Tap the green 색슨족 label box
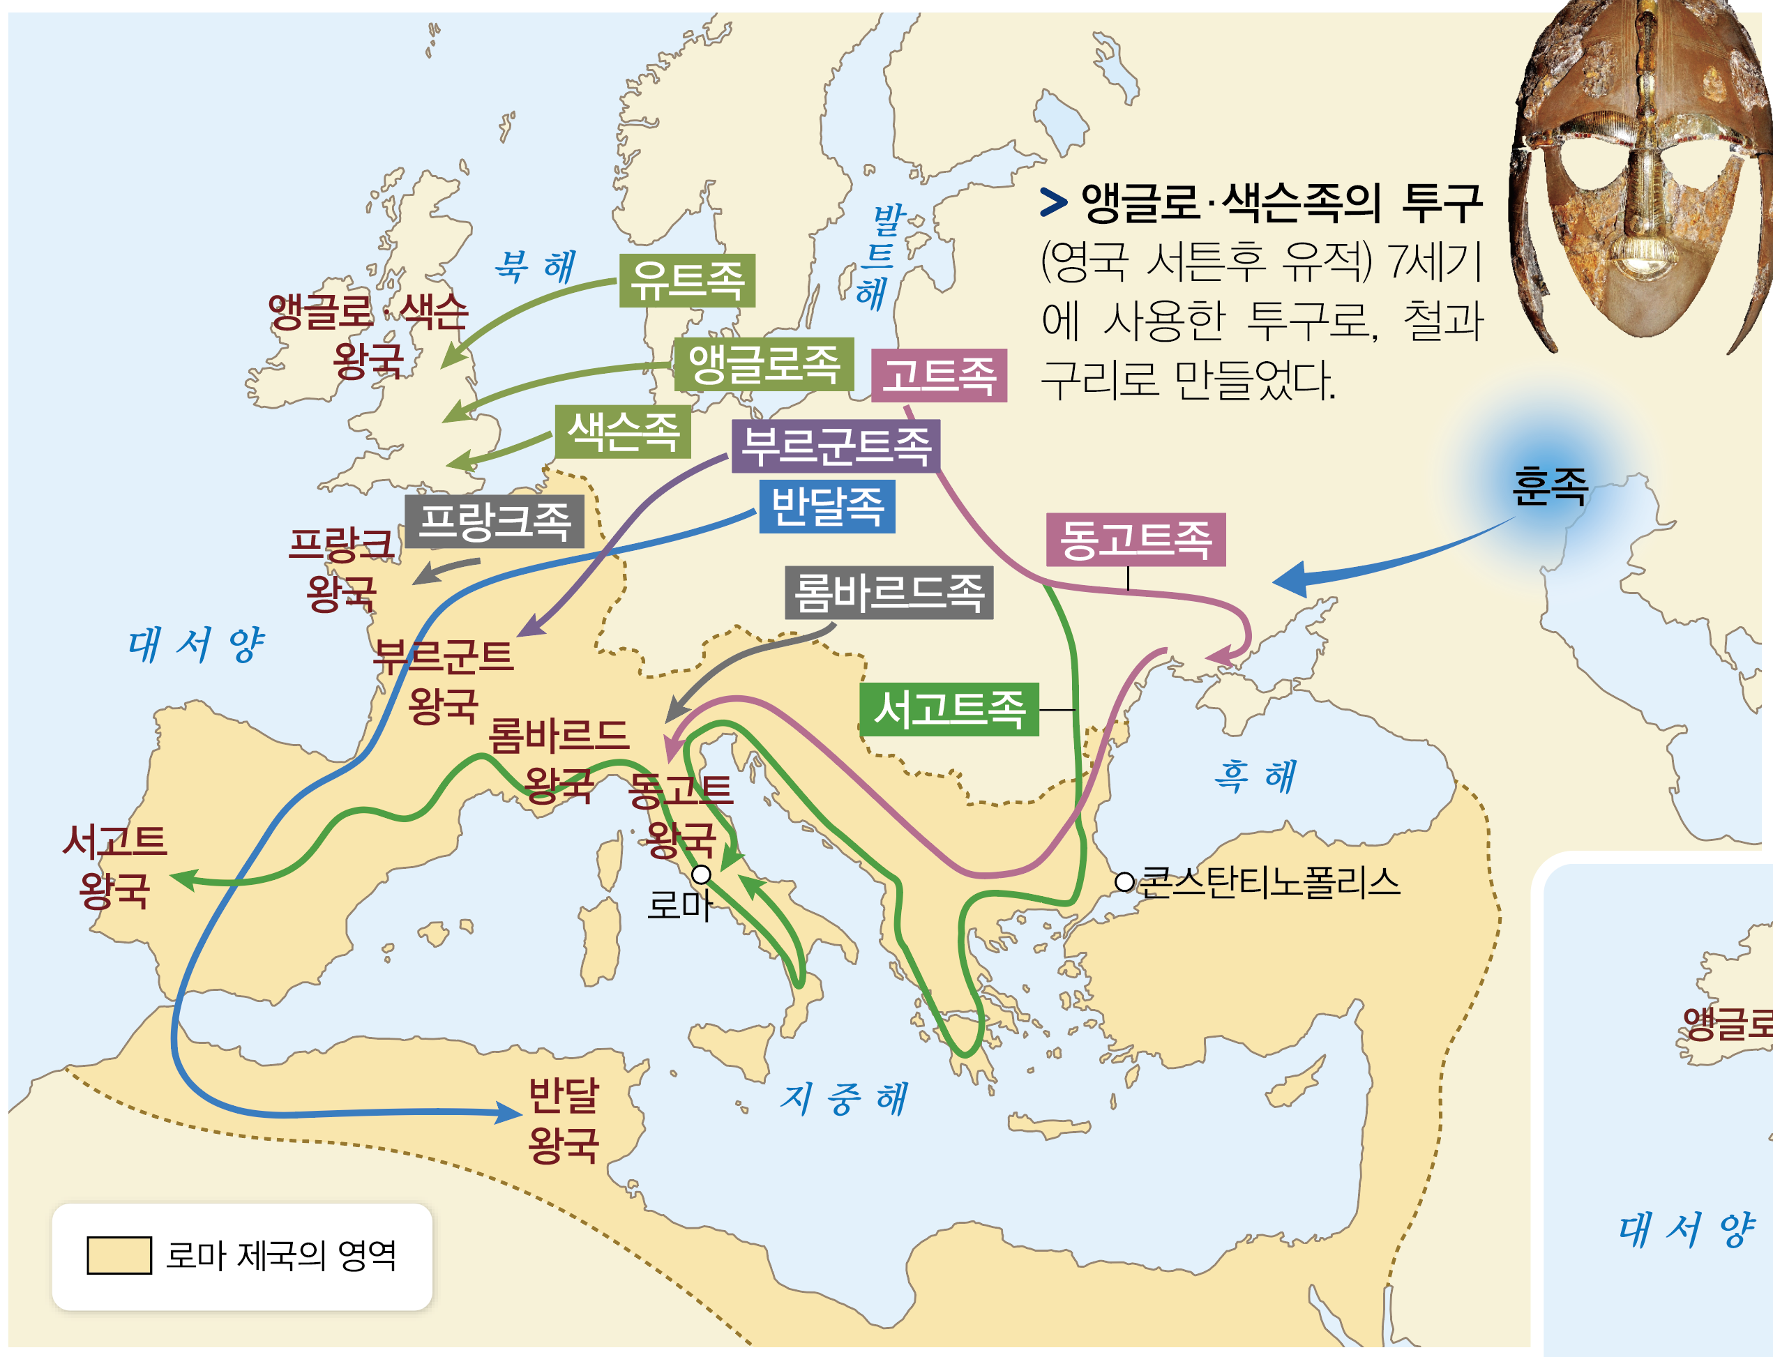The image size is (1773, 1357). pos(623,432)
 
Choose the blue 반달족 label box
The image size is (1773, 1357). pos(827,506)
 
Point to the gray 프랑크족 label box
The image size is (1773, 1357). pos(495,521)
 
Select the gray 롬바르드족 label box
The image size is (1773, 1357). pos(889,593)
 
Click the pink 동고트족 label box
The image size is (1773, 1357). pos(1135,540)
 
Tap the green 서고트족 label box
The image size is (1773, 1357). pos(949,709)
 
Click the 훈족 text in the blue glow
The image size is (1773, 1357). pos(1549,487)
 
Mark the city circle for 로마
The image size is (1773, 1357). pos(701,874)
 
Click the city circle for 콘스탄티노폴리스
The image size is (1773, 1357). pos(1124,882)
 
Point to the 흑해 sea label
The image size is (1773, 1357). pos(1255,777)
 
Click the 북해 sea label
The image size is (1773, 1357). pos(535,266)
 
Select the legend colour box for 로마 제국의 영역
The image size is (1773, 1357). pos(119,1255)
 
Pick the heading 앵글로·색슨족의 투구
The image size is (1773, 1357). pos(1281,202)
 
